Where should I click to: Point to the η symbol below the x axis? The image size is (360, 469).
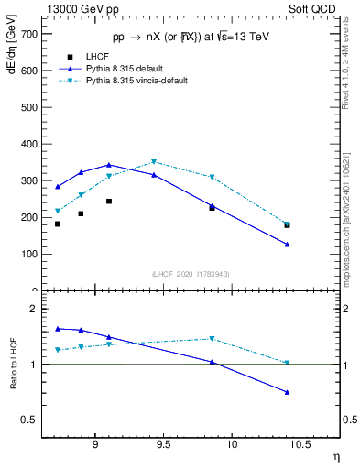tap(335, 455)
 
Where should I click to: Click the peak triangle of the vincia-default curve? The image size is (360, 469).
tap(154, 162)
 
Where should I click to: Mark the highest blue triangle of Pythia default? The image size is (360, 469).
tap(109, 165)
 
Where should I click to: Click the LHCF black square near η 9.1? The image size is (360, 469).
tap(109, 202)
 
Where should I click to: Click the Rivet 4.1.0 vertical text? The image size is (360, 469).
tap(350, 69)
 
